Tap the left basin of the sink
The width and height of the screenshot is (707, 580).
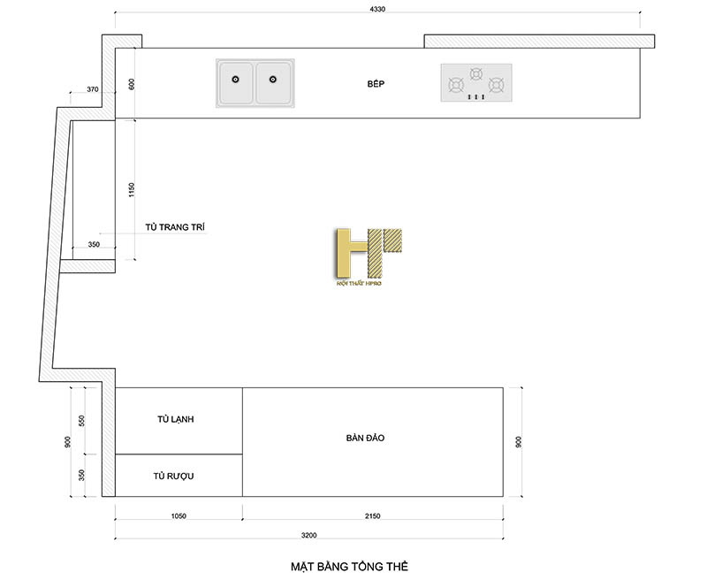[236, 82]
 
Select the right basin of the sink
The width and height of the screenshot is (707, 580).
[274, 82]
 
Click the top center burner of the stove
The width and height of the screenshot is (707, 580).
[476, 73]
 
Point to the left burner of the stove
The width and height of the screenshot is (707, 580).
[457, 86]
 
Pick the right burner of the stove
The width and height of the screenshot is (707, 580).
[497, 86]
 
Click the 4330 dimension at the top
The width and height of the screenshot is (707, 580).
[378, 9]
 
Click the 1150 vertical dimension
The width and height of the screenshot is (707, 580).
[131, 190]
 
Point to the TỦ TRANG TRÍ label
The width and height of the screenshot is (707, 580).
[175, 227]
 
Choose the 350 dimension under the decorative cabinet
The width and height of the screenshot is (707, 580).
[94, 245]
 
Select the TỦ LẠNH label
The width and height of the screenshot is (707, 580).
[175, 419]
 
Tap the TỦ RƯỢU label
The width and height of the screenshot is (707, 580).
[173, 476]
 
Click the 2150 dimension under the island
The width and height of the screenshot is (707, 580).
[371, 515]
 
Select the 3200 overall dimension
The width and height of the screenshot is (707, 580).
[308, 535]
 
